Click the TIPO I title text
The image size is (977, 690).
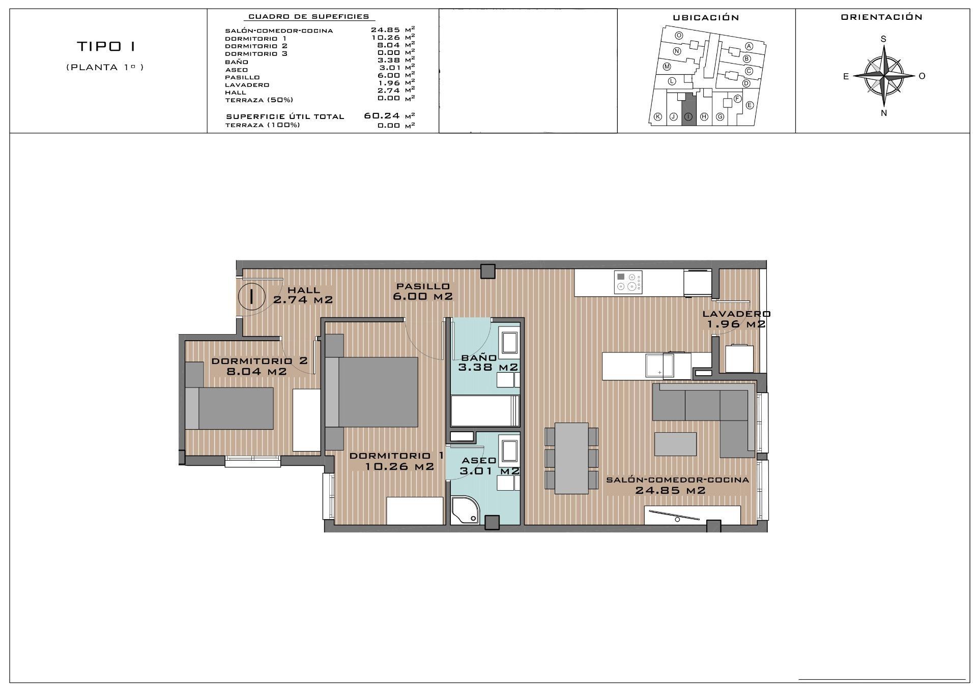[x=106, y=47]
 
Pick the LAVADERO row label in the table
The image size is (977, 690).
[x=247, y=85]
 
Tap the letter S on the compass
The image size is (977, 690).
[x=883, y=39]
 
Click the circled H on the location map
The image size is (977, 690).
[x=704, y=116]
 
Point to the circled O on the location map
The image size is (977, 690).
[x=679, y=36]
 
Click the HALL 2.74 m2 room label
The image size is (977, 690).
[x=303, y=295]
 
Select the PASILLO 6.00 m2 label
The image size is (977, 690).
[x=423, y=291]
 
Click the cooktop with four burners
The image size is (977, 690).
[x=629, y=282]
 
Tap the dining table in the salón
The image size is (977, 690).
[x=571, y=458]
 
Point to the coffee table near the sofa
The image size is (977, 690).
[x=675, y=444]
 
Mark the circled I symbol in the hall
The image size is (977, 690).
[x=251, y=296]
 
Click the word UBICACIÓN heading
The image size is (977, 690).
[x=706, y=18]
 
